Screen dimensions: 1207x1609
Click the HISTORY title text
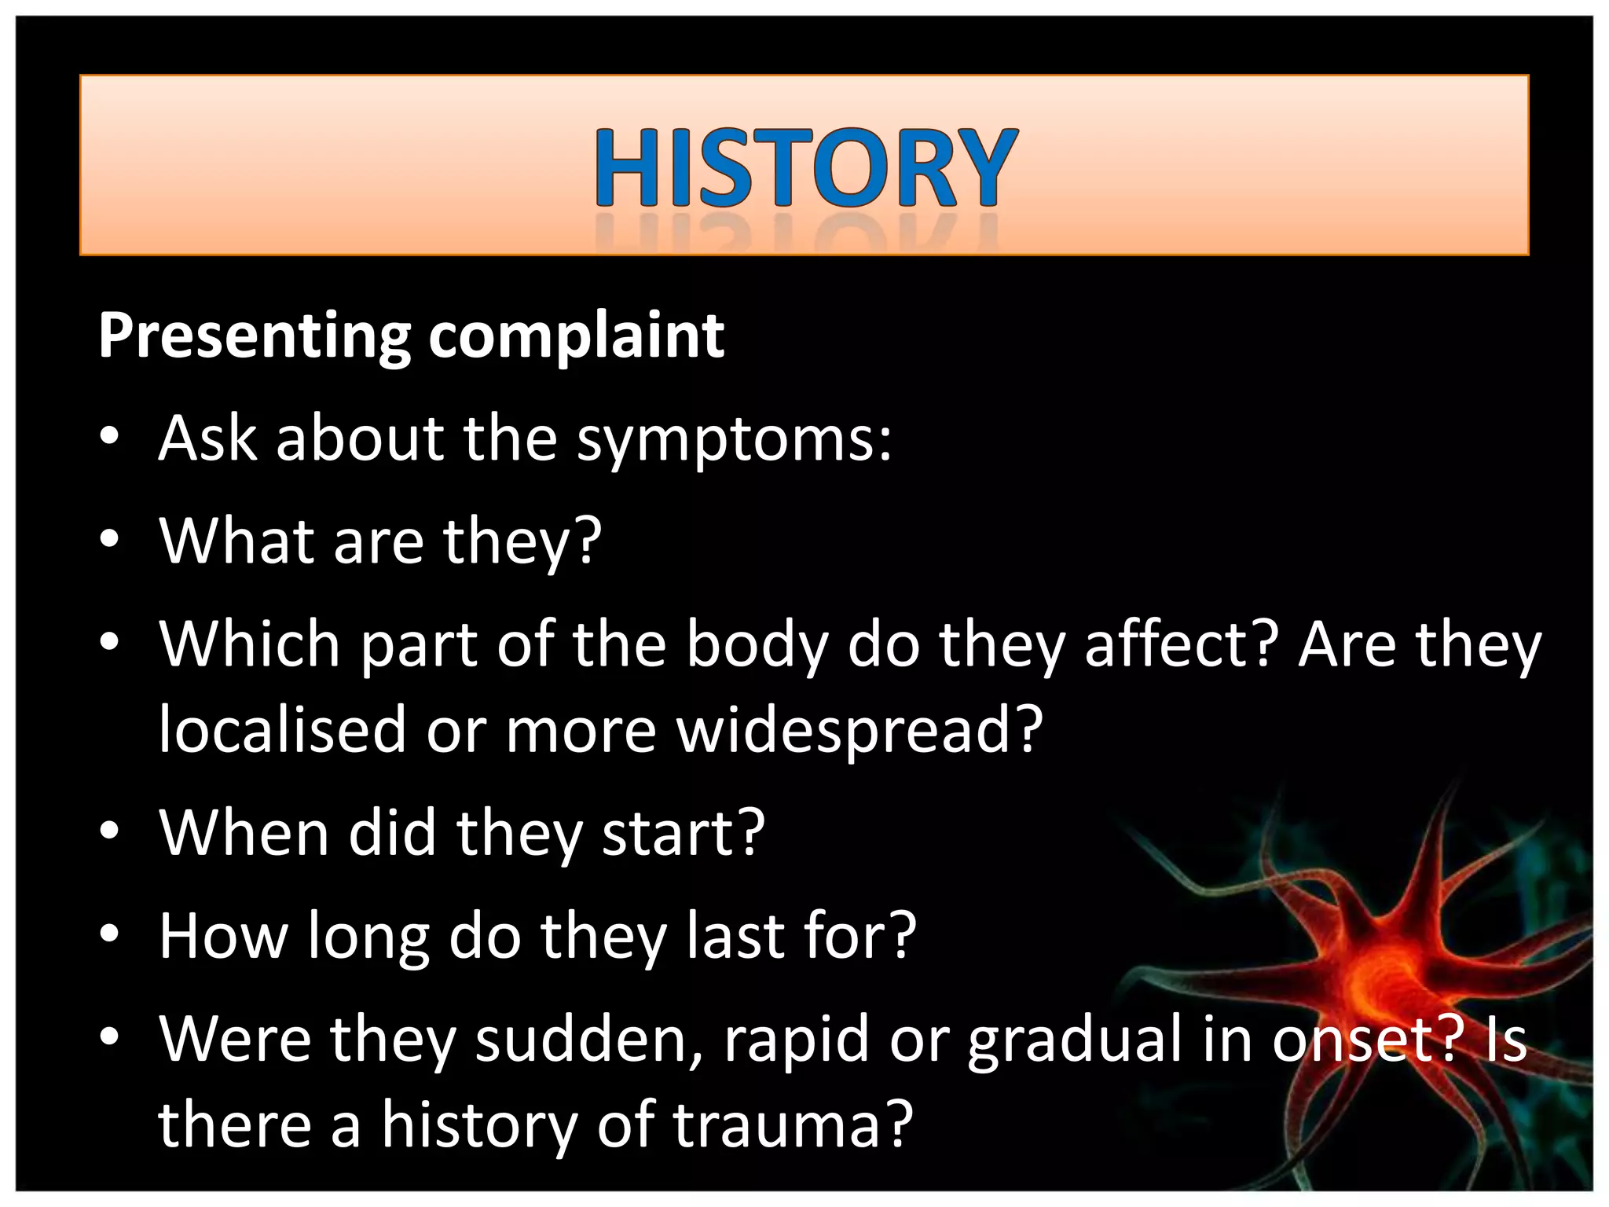point(804,169)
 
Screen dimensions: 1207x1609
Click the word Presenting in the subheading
point(254,336)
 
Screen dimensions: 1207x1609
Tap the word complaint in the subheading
point(576,336)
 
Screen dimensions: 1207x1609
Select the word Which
point(250,646)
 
